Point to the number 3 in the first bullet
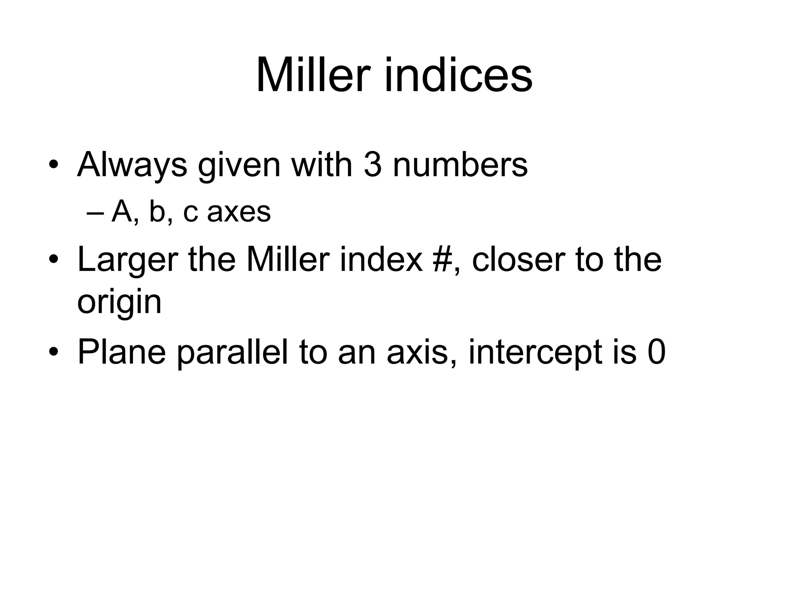[372, 165]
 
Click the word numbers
[460, 165]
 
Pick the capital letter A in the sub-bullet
[122, 212]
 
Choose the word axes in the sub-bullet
[239, 212]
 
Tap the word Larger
[128, 261]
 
